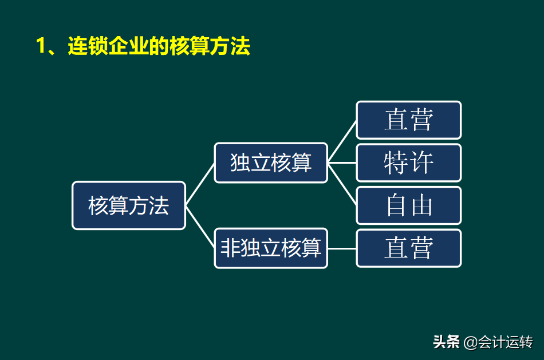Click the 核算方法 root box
tap(129, 205)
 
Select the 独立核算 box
tap(271, 163)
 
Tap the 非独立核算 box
tap(271, 248)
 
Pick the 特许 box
tap(408, 163)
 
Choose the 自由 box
tap(408, 205)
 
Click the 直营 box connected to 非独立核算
tap(408, 248)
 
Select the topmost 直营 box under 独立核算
tap(408, 120)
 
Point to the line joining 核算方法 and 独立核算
tap(200, 184)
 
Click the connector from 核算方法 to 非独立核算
tap(200, 227)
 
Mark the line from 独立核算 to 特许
tap(342, 163)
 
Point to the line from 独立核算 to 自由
tap(342, 184)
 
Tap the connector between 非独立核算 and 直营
tap(342, 248)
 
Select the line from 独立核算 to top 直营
tap(342, 141)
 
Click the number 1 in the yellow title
tap(41, 46)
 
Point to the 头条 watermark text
tap(447, 342)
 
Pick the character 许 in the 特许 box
tap(421, 163)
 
